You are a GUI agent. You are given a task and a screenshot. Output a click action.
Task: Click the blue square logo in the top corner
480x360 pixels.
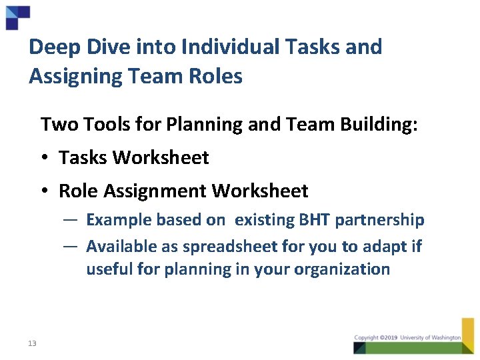[x=17, y=17]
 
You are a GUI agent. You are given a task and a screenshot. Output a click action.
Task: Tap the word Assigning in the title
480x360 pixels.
[x=71, y=77]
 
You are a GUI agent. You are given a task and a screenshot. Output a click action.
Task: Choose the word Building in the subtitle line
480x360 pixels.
[x=379, y=124]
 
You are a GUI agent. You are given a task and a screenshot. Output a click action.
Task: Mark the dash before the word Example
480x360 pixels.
[x=73, y=219]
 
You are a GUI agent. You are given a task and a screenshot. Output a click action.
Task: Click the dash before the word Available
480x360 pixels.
[x=73, y=246]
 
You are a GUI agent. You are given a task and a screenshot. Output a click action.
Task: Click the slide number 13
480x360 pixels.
[x=32, y=343]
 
